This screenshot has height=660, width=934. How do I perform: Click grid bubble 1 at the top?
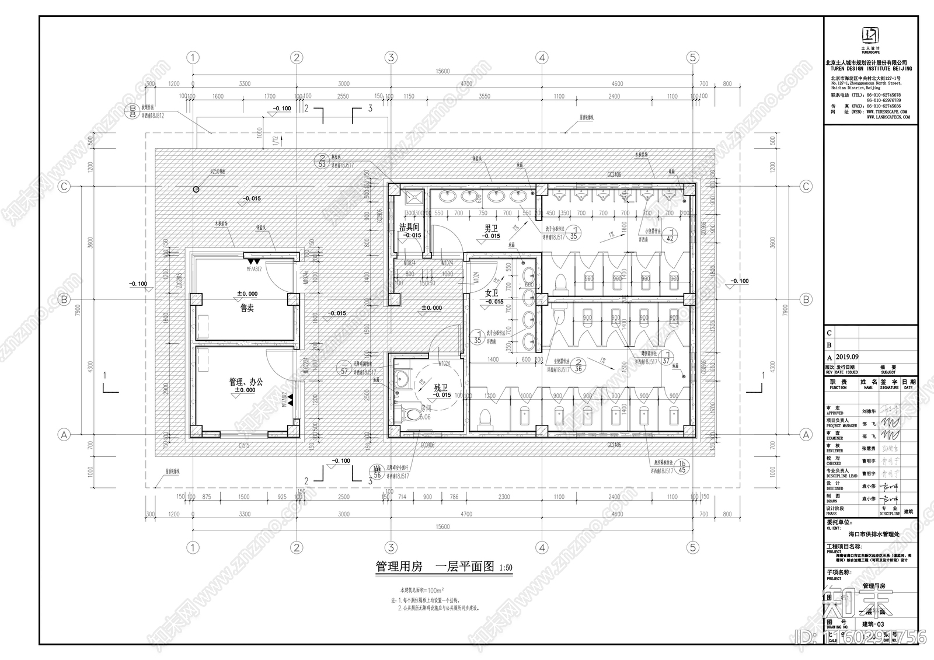point(193,57)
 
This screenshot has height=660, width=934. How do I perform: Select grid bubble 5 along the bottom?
point(693,547)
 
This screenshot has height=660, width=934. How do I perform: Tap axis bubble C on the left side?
point(64,186)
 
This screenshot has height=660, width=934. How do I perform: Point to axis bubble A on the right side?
point(806,435)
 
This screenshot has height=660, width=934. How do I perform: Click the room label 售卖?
point(247,308)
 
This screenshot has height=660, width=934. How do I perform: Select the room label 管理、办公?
point(246,382)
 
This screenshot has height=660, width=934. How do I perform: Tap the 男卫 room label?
point(491,229)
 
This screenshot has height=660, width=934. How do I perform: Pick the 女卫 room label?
point(492,294)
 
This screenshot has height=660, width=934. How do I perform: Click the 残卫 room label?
point(441,387)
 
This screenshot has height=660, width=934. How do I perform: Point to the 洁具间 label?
point(409,227)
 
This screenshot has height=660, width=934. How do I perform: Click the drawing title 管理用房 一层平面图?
point(435,567)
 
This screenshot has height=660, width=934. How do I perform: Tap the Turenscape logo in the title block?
point(869,35)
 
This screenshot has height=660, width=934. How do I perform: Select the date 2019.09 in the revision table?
point(847,357)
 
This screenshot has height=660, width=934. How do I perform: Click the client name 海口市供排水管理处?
point(873,533)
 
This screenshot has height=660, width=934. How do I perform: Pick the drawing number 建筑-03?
point(873,624)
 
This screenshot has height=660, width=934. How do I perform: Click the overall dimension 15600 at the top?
point(442,71)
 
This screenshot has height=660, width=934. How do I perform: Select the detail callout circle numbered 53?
point(322,160)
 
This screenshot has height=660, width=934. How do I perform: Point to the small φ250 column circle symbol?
point(196,189)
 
